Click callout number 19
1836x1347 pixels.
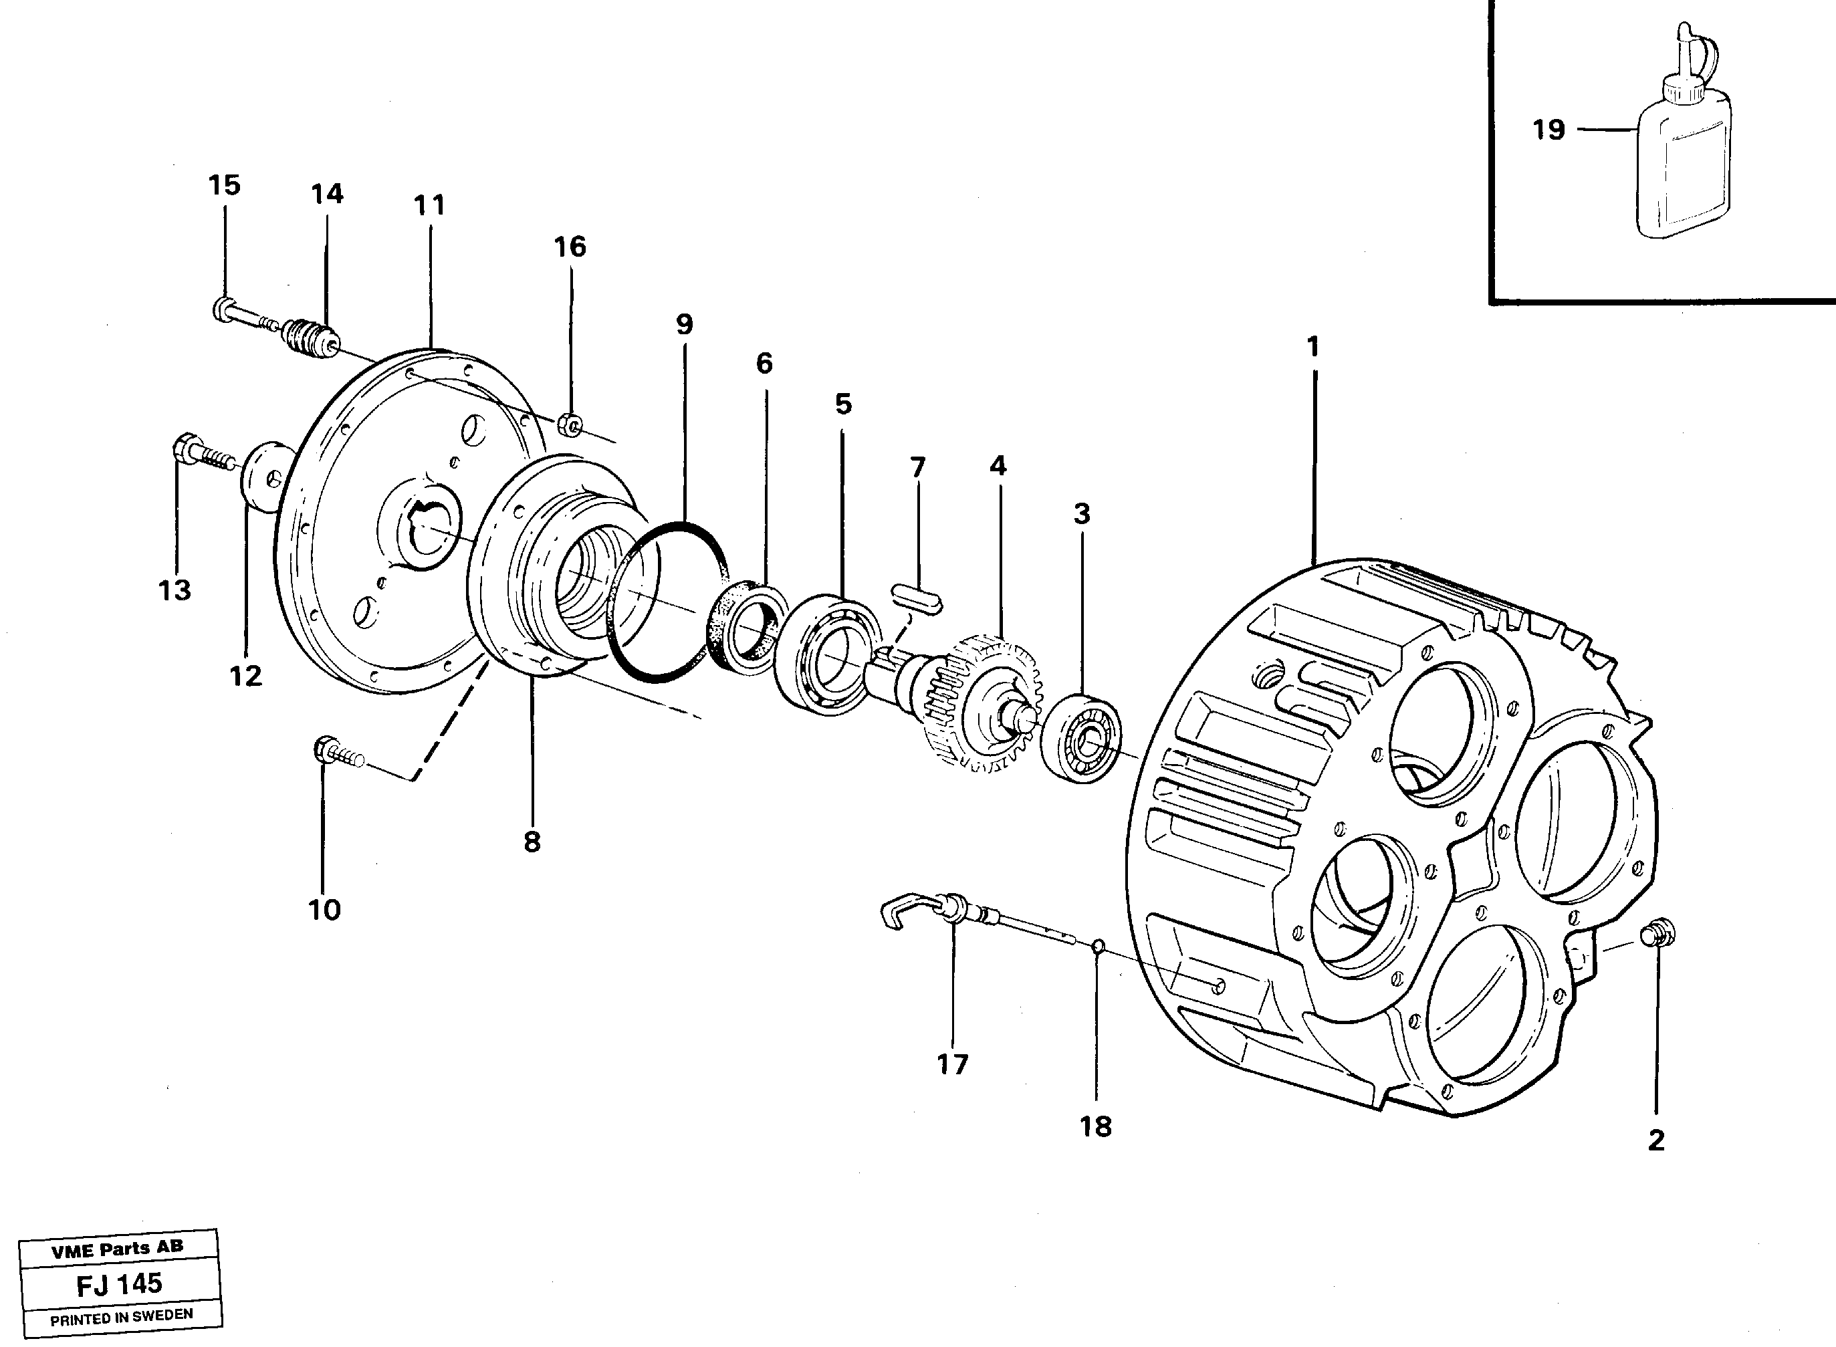pos(1548,130)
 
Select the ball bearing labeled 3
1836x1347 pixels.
pos(1082,737)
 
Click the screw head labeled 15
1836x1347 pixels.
pos(223,309)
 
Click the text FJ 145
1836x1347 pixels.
pos(119,1284)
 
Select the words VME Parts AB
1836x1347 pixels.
pos(118,1247)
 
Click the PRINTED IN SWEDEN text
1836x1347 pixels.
pos(121,1316)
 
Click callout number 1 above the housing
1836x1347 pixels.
pos(1312,348)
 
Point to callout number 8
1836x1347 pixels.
pos(532,842)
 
